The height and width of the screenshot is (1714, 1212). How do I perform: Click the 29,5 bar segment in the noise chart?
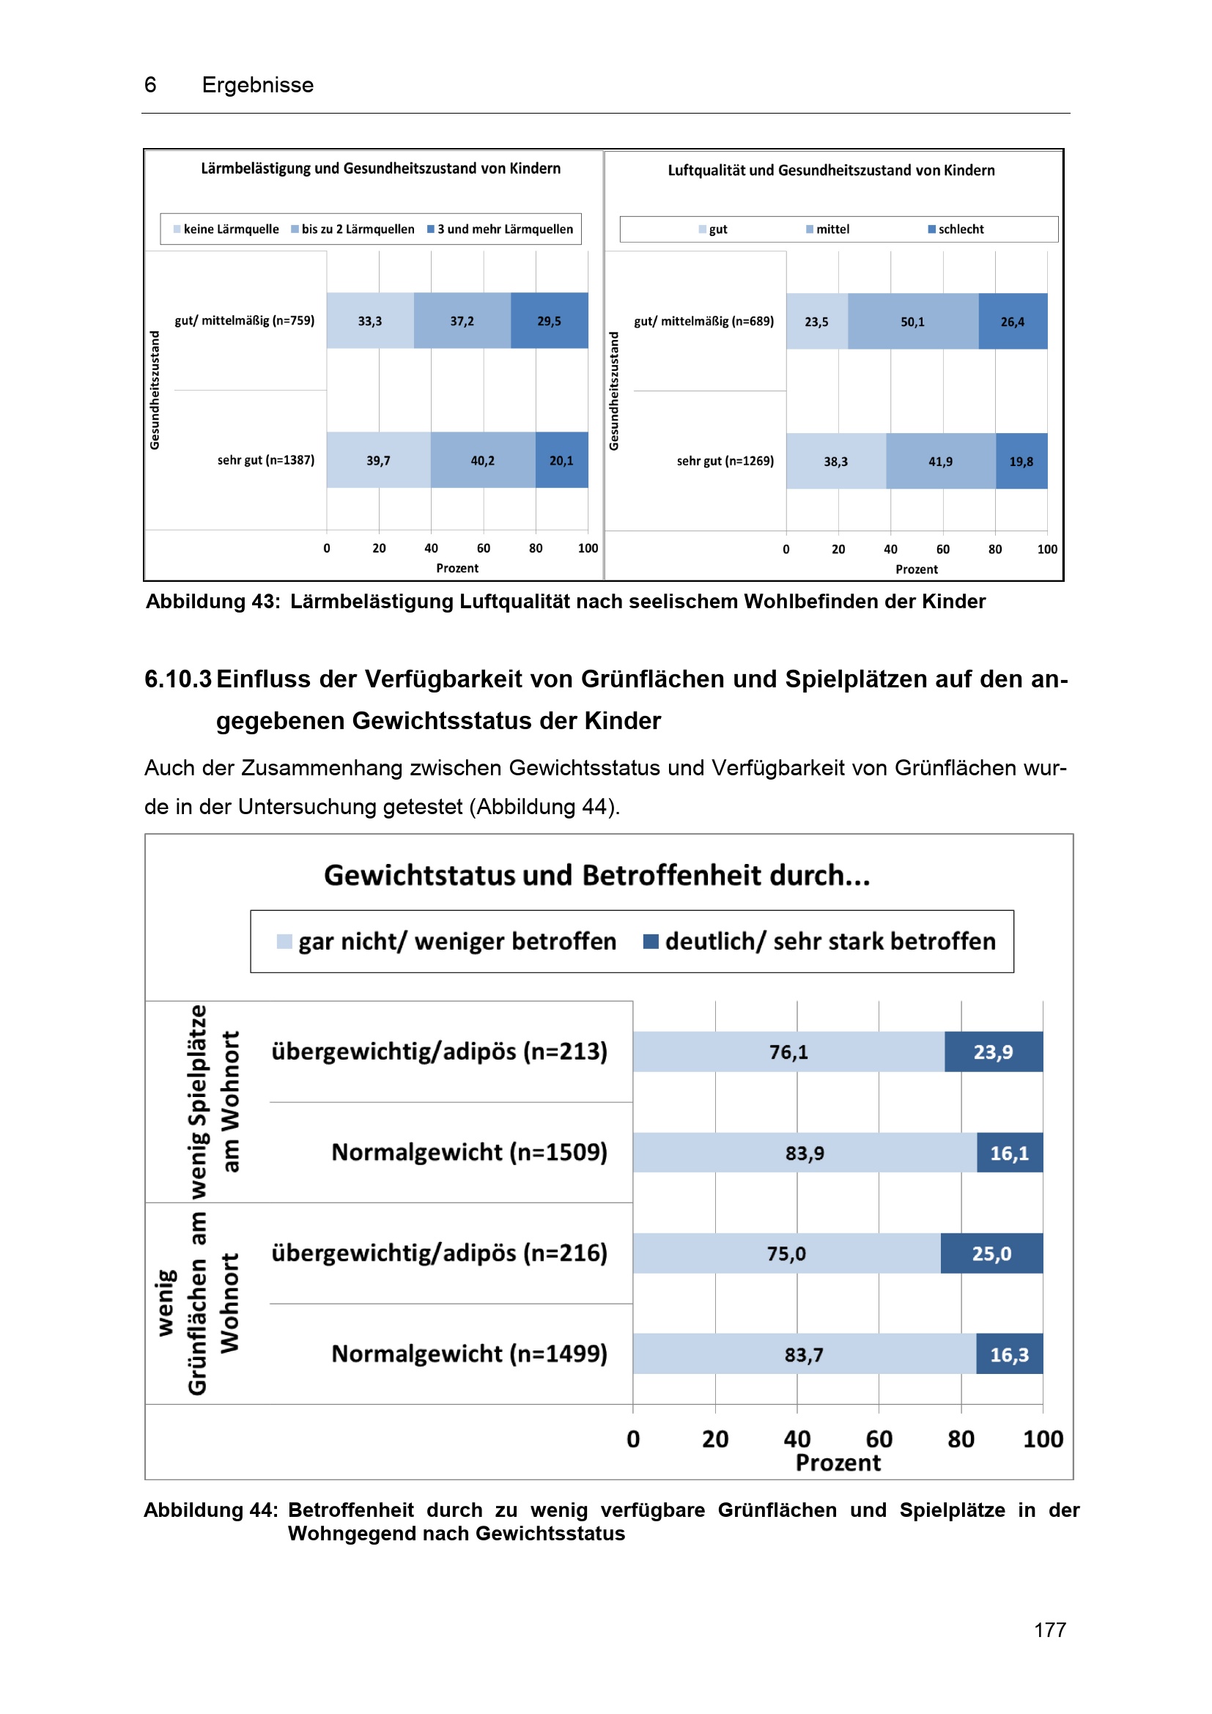click(x=549, y=321)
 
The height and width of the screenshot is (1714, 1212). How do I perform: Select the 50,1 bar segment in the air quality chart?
click(x=912, y=322)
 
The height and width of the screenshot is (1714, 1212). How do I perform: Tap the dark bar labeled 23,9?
click(x=993, y=1052)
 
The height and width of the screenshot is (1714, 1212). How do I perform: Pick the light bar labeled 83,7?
click(x=804, y=1354)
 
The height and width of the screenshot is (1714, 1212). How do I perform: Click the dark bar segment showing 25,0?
click(x=991, y=1253)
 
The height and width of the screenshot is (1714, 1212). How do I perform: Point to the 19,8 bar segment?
click(x=1021, y=462)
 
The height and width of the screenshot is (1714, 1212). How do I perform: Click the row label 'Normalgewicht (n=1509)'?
click(x=470, y=1153)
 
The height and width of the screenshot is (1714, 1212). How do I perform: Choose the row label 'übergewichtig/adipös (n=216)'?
click(x=439, y=1253)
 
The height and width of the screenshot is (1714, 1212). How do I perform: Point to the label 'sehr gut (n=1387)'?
click(x=266, y=461)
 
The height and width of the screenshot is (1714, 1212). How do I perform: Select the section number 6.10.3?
click(x=177, y=679)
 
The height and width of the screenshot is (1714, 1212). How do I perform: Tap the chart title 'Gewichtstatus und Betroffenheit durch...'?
click(x=597, y=876)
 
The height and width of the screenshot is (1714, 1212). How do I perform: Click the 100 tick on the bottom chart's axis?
click(x=1043, y=1438)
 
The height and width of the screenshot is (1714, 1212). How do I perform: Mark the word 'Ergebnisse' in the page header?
click(x=257, y=85)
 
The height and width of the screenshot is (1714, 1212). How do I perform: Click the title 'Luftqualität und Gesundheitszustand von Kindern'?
click(x=831, y=170)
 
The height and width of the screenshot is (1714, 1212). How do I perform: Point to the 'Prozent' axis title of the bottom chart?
click(x=838, y=1463)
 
